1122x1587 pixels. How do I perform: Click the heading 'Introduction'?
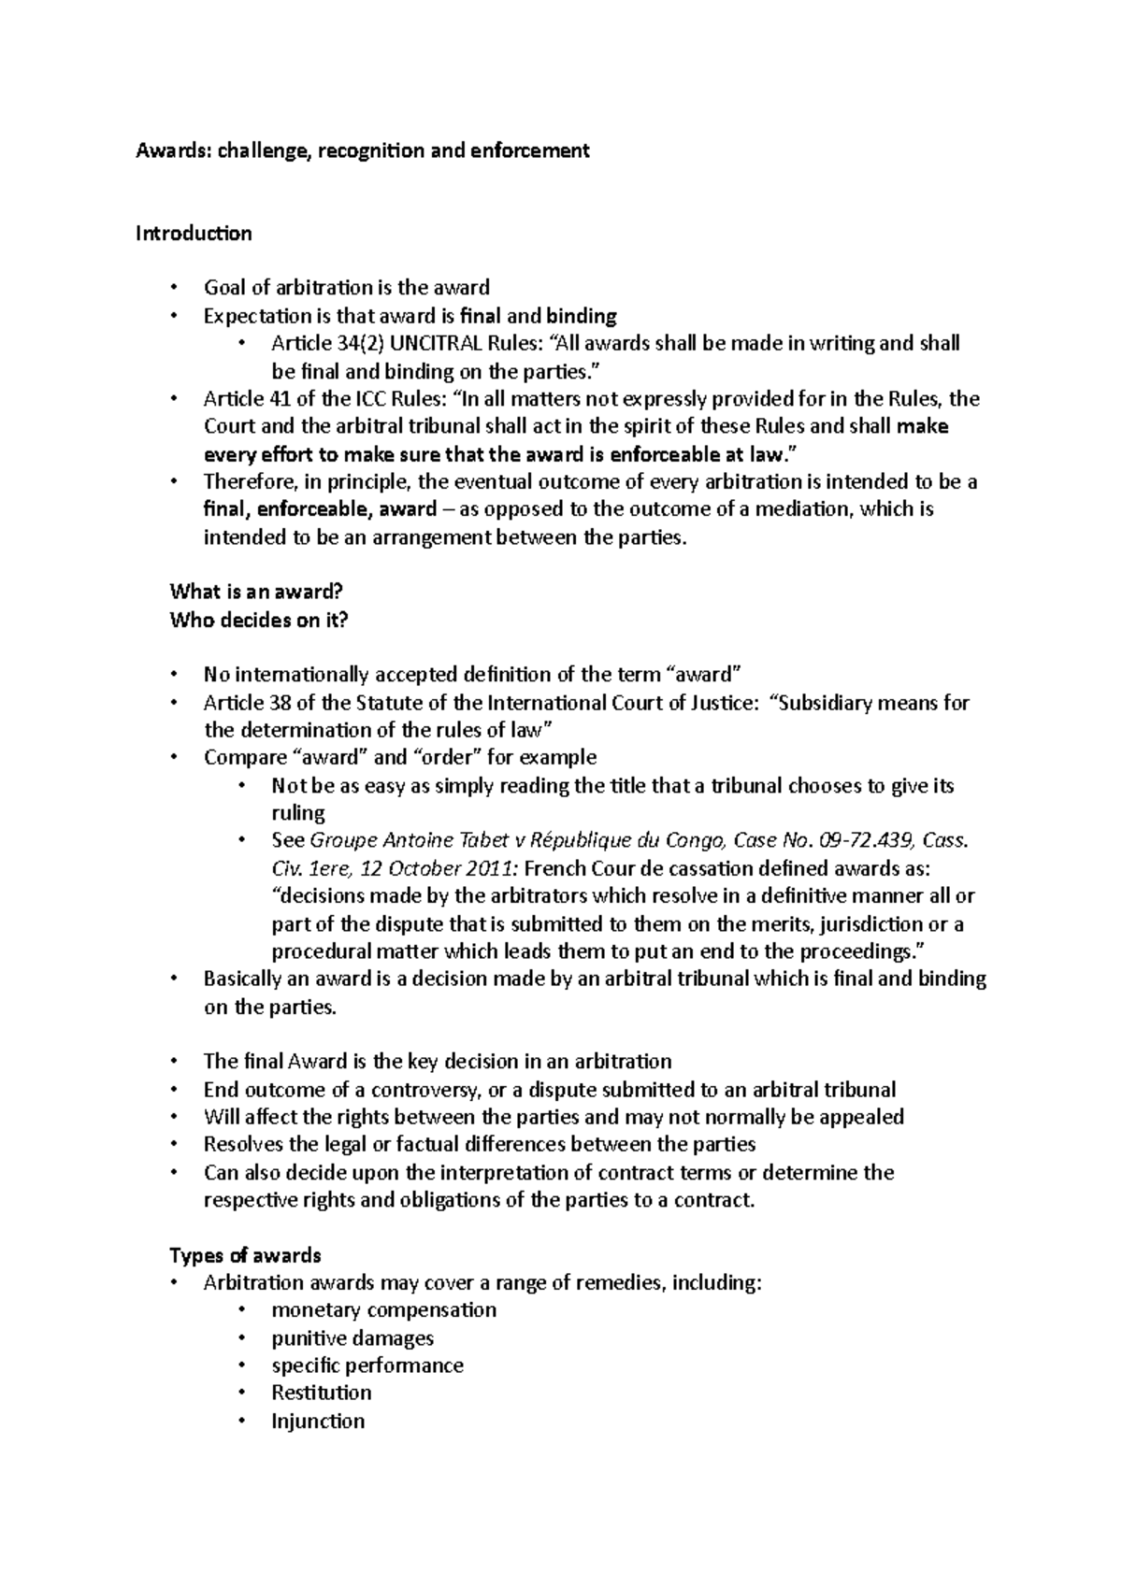[194, 234]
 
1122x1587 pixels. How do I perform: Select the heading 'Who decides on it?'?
[258, 620]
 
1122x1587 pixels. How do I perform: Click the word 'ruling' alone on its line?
[298, 812]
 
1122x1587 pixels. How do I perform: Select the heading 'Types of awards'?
[245, 1255]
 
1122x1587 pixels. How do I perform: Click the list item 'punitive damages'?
[352, 1338]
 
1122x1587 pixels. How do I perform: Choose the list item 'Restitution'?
[321, 1393]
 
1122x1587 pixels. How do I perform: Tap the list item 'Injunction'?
[318, 1422]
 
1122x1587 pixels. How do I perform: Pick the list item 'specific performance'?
[367, 1365]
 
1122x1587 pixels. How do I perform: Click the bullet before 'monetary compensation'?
[242, 1310]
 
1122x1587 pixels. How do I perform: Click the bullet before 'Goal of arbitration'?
[174, 289]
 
